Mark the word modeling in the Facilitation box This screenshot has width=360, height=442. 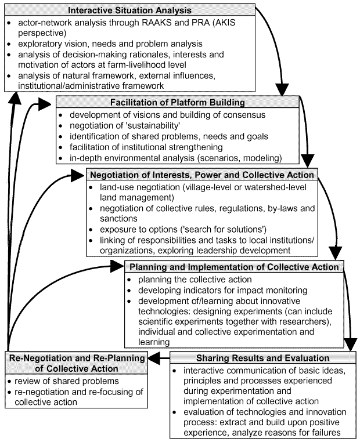tap(262, 158)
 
